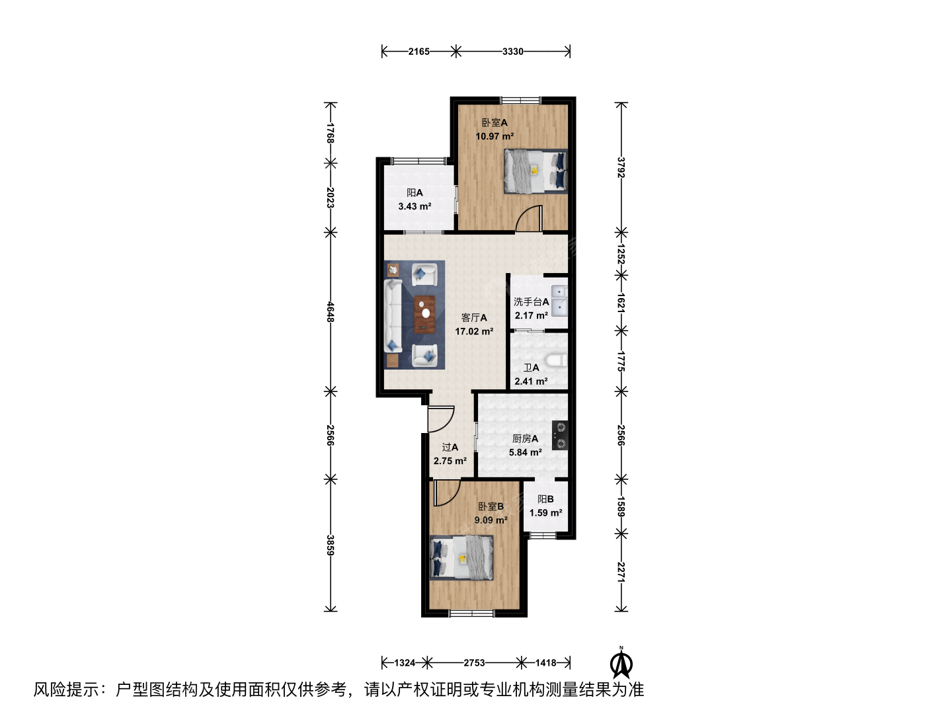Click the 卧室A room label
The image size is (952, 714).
[x=495, y=123]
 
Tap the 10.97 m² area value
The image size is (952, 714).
[x=495, y=137]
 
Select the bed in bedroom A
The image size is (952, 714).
[x=535, y=171]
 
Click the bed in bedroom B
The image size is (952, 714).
[x=461, y=557]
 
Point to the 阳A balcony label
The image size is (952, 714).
[x=415, y=193]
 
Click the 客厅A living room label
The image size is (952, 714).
[x=473, y=318]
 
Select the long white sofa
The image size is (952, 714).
[x=393, y=315]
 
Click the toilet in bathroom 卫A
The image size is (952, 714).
[x=556, y=360]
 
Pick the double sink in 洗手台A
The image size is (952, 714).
[x=559, y=300]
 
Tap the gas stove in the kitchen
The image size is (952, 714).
[x=560, y=435]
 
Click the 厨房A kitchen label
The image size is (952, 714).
[x=525, y=439]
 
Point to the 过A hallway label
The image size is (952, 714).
[x=450, y=447]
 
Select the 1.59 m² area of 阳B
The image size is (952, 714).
[x=545, y=513]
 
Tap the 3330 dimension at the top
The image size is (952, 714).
[x=512, y=52]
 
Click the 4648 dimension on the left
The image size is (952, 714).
[x=330, y=311]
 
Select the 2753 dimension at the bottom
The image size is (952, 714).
[x=474, y=663]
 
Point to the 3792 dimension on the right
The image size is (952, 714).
[x=621, y=167]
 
